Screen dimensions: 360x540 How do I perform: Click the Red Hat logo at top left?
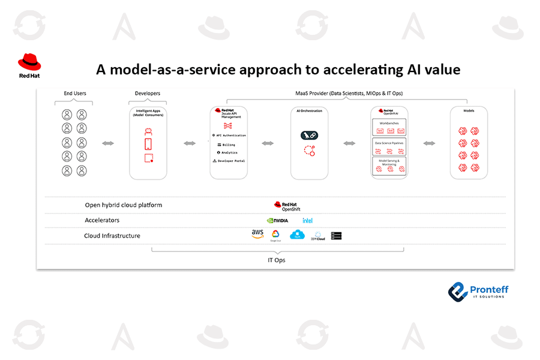click(29, 65)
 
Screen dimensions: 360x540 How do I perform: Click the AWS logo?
click(257, 234)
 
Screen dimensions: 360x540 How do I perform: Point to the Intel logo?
click(308, 220)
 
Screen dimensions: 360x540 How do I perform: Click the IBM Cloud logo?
click(318, 236)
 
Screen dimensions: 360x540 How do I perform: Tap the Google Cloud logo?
click(276, 235)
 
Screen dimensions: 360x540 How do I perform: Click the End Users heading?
click(75, 94)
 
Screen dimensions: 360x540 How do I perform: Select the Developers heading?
click(148, 94)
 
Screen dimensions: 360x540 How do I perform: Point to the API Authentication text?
click(229, 136)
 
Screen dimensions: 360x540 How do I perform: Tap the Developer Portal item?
click(229, 161)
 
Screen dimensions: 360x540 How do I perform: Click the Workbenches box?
click(390, 127)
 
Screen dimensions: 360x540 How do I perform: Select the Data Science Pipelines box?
click(390, 148)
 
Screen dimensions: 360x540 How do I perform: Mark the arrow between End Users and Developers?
click(109, 143)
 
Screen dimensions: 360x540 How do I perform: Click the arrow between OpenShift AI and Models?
click(429, 143)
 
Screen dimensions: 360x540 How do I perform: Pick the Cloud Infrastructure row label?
click(112, 236)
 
